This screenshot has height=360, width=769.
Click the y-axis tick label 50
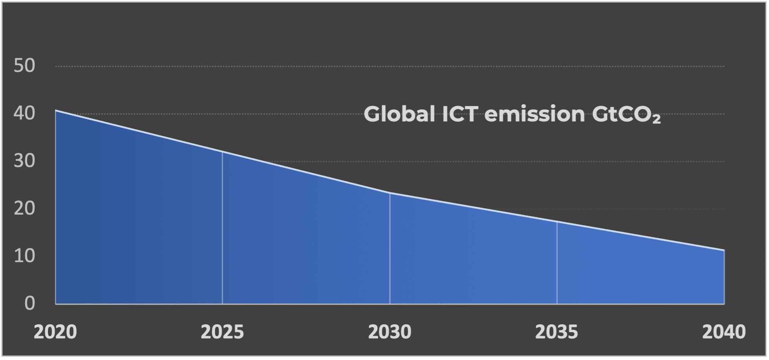(x=24, y=66)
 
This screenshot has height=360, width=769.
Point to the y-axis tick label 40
(x=24, y=114)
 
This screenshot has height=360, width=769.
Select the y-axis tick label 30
(x=24, y=161)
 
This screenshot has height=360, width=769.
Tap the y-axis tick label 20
(x=24, y=209)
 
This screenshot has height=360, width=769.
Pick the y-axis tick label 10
(x=24, y=256)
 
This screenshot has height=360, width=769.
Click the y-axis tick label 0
(x=29, y=304)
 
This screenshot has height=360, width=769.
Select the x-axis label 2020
(x=55, y=332)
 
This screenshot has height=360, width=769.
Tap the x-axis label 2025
(x=222, y=332)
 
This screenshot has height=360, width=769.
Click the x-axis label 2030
(x=389, y=332)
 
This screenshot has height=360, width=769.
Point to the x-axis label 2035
(x=557, y=332)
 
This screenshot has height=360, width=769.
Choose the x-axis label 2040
(x=724, y=332)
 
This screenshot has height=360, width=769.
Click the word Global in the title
(x=399, y=114)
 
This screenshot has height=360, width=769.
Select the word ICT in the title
(x=460, y=114)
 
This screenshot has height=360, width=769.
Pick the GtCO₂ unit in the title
(x=626, y=115)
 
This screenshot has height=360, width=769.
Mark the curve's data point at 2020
(x=55, y=110)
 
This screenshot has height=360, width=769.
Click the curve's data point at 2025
(x=222, y=152)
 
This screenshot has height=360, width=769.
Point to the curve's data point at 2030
(x=390, y=193)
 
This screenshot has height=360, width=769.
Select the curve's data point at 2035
(x=557, y=222)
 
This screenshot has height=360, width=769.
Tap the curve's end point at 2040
(x=724, y=250)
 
